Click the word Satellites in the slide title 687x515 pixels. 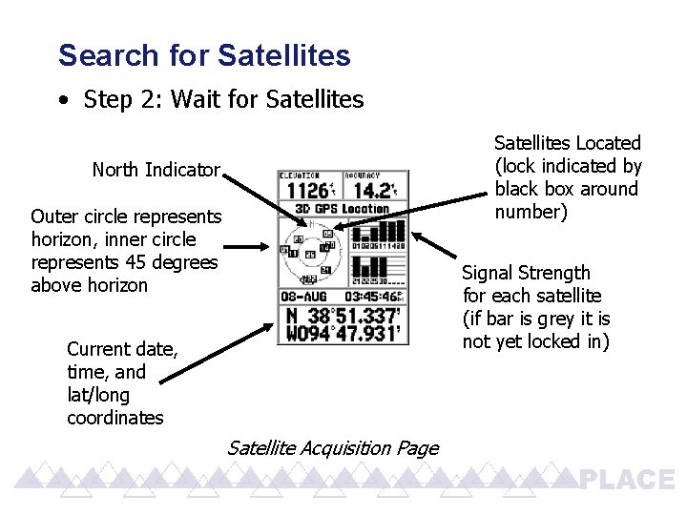[283, 55]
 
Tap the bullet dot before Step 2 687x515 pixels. [62, 99]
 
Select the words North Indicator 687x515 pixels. [156, 171]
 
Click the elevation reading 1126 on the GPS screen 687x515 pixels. [302, 191]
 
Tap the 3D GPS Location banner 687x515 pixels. [343, 209]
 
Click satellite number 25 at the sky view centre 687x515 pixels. [310, 255]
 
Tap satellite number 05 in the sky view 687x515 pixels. [327, 233]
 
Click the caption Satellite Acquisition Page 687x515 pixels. [333, 448]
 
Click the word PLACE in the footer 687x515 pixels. [627, 480]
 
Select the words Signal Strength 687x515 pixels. [526, 273]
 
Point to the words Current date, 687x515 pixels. [122, 349]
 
